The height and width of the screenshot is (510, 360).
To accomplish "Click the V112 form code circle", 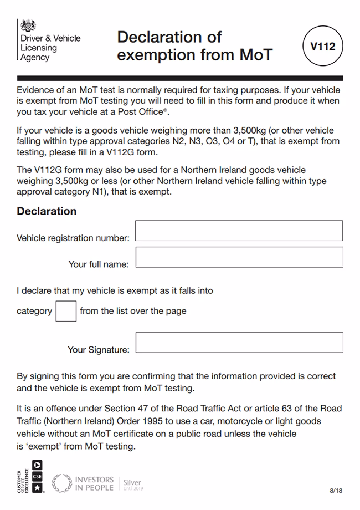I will pos(323,47).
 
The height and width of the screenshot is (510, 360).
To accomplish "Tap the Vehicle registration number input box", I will pos(239,231).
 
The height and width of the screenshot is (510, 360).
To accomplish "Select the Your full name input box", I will pos(239,257).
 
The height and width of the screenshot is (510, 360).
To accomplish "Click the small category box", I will pos(66,310).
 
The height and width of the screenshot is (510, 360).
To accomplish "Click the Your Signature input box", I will pos(239,343).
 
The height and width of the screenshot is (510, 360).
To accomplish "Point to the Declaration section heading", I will pos(47,211).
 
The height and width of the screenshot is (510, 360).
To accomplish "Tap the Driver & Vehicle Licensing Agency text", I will pos(50,48).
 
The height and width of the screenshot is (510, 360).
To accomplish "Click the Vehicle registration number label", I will pos(73,238).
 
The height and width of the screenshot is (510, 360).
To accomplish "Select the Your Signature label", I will pos(98,350).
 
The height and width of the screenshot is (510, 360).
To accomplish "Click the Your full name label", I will pos(98,264).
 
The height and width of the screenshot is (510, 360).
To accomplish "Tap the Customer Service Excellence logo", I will pos(30,476).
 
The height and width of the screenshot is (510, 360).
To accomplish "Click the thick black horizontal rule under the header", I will pos(180,78).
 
